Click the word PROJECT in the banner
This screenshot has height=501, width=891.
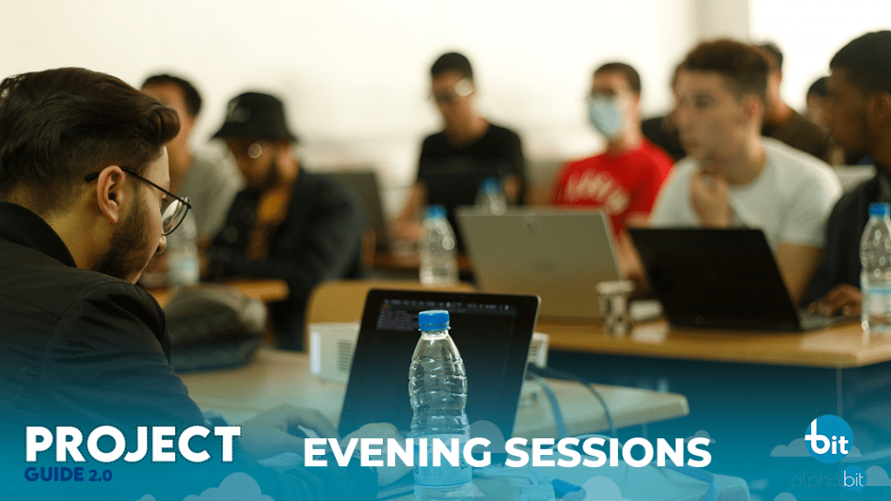click(133, 444)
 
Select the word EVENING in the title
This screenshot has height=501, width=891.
click(397, 452)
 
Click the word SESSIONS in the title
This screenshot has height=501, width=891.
click(607, 452)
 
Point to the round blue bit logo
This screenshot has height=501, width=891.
click(828, 438)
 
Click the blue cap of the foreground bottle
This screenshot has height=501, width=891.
click(433, 320)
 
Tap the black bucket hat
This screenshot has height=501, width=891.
click(254, 117)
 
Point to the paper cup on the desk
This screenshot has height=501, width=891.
click(615, 307)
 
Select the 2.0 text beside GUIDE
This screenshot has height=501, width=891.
click(99, 475)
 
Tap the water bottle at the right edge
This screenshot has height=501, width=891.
click(875, 267)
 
